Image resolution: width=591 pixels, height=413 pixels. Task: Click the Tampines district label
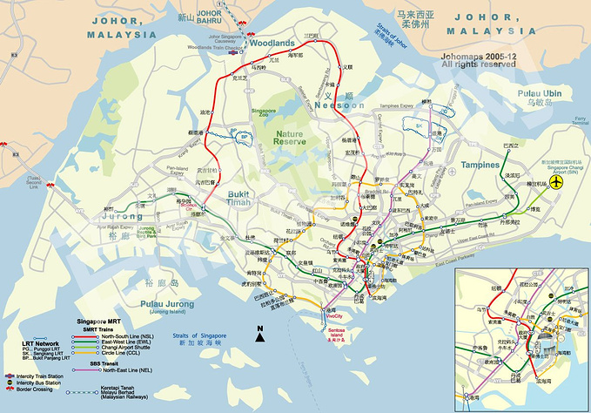480,165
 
